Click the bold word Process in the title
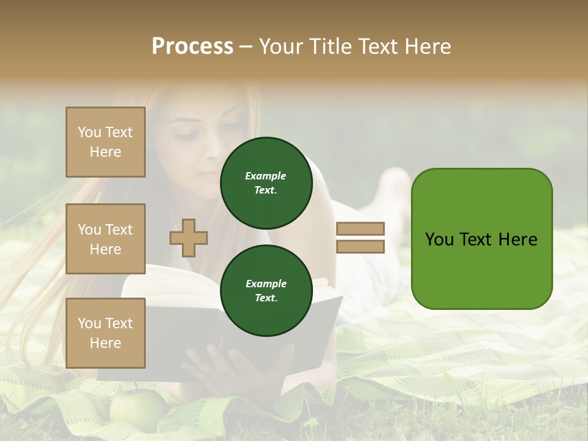pos(192,47)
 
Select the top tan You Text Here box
pos(105,142)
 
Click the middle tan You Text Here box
pos(105,239)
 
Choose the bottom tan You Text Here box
pos(105,333)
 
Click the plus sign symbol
pos(189,238)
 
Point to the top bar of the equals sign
pos(360,228)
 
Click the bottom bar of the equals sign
pos(360,247)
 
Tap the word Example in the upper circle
pos(266,176)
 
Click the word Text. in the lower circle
pos(266,298)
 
